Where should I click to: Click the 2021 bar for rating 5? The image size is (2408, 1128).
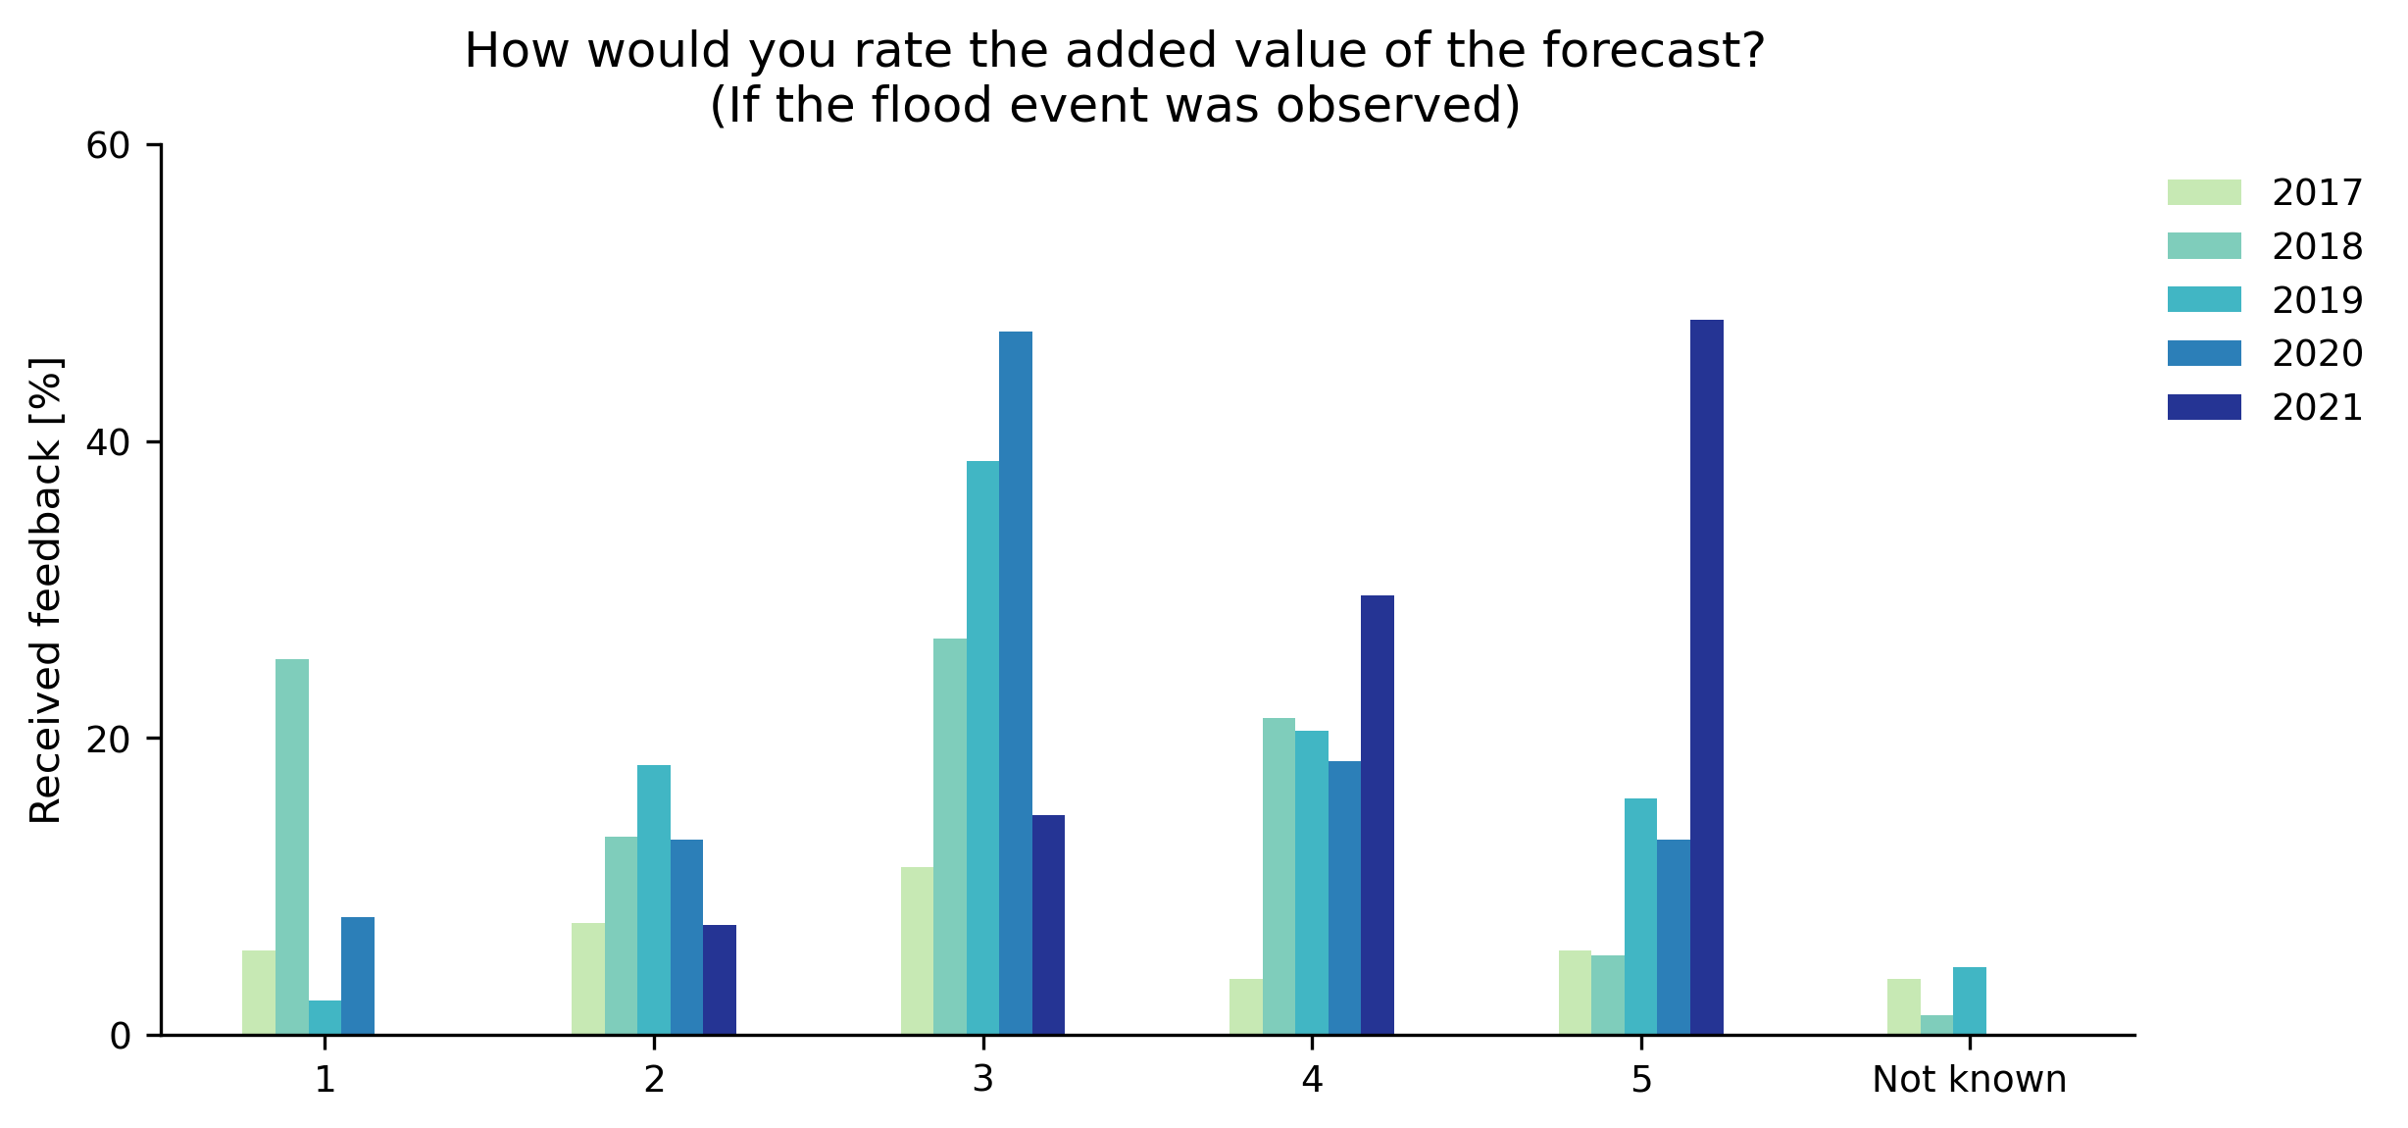pyautogui.click(x=1706, y=677)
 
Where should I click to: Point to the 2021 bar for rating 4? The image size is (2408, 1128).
pyautogui.click(x=1378, y=814)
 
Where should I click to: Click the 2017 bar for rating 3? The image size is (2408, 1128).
pyautogui.click(x=917, y=950)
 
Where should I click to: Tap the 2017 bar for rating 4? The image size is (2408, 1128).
pyautogui.click(x=1246, y=1006)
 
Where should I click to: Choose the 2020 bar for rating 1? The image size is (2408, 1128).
pyautogui.click(x=358, y=975)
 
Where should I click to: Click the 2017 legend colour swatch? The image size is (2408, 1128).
pyautogui.click(x=2204, y=192)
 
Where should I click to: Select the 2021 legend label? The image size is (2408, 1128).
pyautogui.click(x=2317, y=407)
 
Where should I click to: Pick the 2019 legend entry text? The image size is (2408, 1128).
pyautogui.click(x=2317, y=300)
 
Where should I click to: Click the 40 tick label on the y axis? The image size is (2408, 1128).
pyautogui.click(x=108, y=442)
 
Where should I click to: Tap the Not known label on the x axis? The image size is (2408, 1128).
pyautogui.click(x=1969, y=1080)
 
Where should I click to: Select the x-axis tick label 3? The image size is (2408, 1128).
pyautogui.click(x=982, y=1080)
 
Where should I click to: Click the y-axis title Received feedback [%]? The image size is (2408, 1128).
pyautogui.click(x=46, y=590)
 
